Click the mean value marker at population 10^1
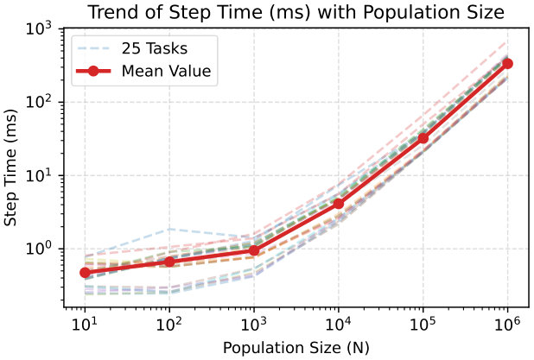tap(85, 273)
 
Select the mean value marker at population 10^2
tap(169, 262)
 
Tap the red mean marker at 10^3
tap(254, 250)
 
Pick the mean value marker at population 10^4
tap(339, 204)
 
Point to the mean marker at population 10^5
tap(423, 138)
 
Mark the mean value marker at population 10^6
tap(508, 64)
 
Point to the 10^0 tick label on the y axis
tap(39, 248)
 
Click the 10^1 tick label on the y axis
tap(39, 174)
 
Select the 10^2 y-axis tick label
tap(39, 101)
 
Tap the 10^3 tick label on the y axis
tap(39, 28)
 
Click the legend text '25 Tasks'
tap(155, 48)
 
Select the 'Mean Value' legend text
tap(167, 71)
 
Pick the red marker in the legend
tap(93, 71)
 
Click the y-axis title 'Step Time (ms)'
tap(10, 167)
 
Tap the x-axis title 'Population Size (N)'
tap(296, 348)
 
